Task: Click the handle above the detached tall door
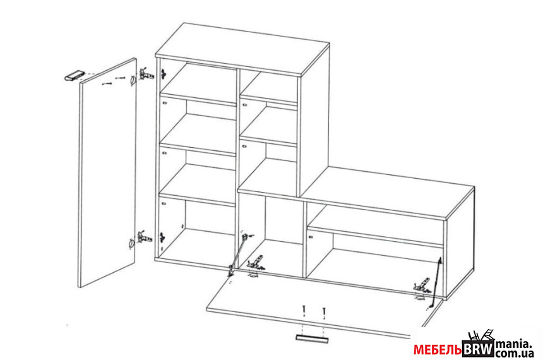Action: tap(75, 76)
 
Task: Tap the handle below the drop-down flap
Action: tap(312, 339)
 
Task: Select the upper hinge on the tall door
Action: tap(146, 74)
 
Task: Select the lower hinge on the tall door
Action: tap(145, 237)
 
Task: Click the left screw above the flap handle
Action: tap(304, 310)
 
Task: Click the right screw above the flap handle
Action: tap(324, 312)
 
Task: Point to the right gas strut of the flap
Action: tap(436, 282)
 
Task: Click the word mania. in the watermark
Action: tap(513, 344)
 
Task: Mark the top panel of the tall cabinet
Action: tap(242, 49)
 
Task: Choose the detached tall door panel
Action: tap(108, 172)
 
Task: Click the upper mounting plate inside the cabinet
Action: tap(163, 73)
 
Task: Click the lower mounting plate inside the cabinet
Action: tap(162, 237)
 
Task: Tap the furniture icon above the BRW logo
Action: tap(481, 335)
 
